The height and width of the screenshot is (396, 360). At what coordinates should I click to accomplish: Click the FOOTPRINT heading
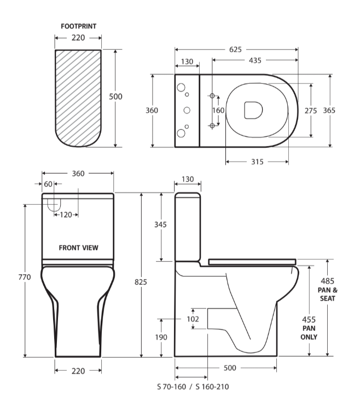[79, 26]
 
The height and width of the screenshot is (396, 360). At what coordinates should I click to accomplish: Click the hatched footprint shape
[78, 99]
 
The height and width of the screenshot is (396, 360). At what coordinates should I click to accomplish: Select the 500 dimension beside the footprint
[115, 96]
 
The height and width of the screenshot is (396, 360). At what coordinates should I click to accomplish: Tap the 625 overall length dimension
[236, 50]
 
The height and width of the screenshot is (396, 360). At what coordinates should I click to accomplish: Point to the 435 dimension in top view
[254, 61]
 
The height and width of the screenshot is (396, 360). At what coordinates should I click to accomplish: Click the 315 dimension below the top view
[257, 162]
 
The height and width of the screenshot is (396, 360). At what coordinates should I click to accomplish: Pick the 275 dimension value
[311, 110]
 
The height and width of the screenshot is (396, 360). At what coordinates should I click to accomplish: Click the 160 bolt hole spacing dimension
[218, 110]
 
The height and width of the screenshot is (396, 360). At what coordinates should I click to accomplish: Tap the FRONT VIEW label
[79, 248]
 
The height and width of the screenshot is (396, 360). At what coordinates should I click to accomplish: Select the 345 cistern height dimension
[160, 225]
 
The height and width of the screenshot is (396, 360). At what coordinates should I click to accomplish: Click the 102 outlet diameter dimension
[193, 318]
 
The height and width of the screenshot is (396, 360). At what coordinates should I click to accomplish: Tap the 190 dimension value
[160, 337]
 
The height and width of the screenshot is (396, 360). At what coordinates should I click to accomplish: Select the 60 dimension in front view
[48, 184]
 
